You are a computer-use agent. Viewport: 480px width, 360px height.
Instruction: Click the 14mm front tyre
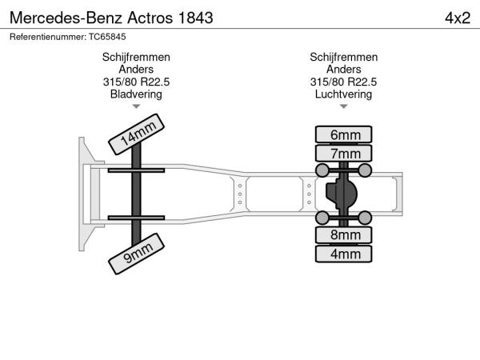(x=136, y=134)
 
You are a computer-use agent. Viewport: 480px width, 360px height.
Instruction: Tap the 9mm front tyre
(x=136, y=254)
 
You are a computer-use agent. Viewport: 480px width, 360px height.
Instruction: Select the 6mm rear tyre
(x=343, y=134)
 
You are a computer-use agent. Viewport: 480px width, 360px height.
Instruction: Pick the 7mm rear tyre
(x=343, y=153)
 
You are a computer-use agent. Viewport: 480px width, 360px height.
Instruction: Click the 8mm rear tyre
(x=343, y=234)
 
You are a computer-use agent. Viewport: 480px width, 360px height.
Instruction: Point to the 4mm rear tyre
(x=343, y=254)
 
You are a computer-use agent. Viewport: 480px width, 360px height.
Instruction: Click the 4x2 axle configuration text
(x=458, y=18)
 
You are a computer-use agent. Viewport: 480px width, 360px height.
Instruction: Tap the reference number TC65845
(x=107, y=37)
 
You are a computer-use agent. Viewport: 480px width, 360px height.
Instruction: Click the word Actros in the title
(x=150, y=18)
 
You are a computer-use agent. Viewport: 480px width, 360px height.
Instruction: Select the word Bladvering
(x=136, y=94)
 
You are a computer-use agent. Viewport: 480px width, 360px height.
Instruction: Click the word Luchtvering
(x=343, y=94)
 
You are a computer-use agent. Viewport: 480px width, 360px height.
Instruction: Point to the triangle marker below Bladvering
(x=136, y=106)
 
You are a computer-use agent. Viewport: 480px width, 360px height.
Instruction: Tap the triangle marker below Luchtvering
(x=343, y=106)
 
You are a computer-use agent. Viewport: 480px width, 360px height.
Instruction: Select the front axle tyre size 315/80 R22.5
(x=136, y=82)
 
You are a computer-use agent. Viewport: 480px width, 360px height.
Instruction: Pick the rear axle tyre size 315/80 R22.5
(x=343, y=82)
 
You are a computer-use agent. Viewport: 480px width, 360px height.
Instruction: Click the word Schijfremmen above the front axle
(x=136, y=58)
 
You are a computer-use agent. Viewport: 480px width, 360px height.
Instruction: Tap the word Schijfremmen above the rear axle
(x=343, y=58)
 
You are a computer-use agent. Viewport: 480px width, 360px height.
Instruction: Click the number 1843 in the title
(x=195, y=18)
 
